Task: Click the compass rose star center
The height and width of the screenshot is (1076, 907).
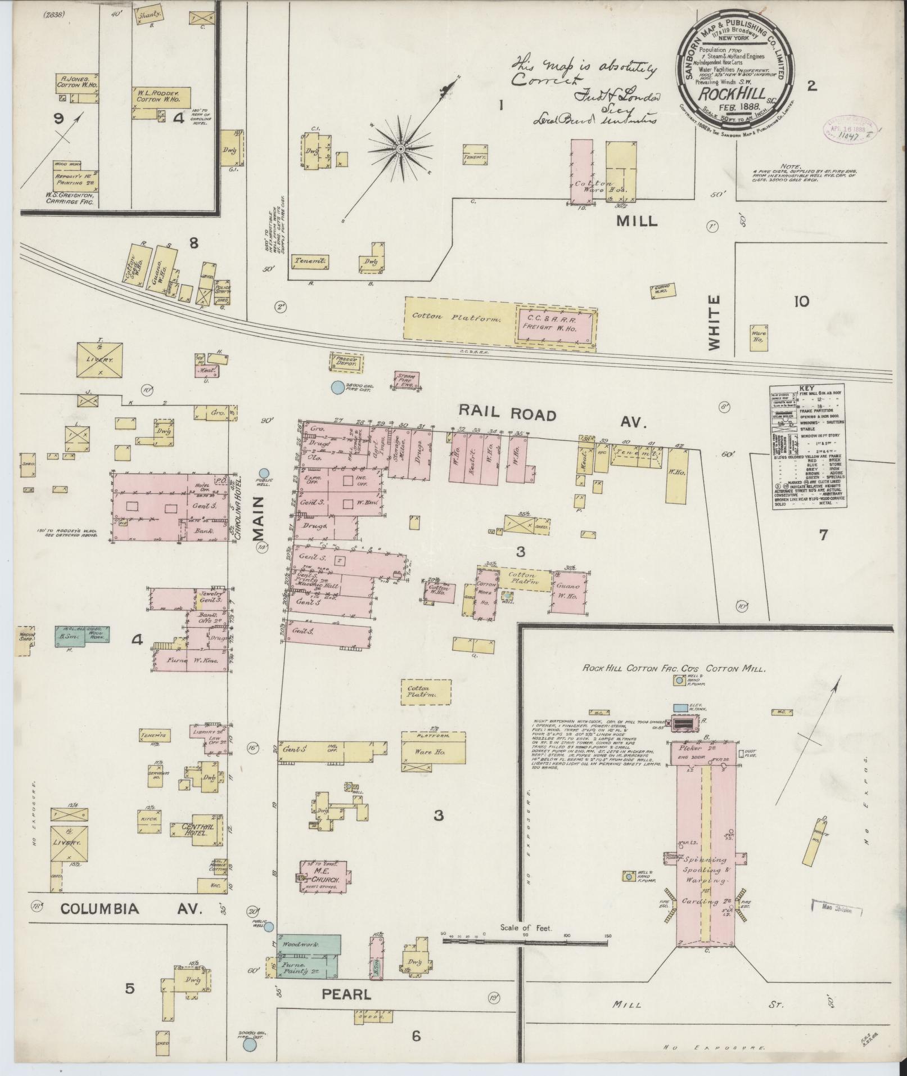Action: [x=401, y=149]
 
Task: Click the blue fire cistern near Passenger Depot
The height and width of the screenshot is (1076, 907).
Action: [x=337, y=387]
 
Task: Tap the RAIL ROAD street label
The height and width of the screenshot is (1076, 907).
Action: [x=507, y=415]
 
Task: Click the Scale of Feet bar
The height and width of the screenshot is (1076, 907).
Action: [x=526, y=940]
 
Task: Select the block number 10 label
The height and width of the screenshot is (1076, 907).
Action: [x=801, y=301]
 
